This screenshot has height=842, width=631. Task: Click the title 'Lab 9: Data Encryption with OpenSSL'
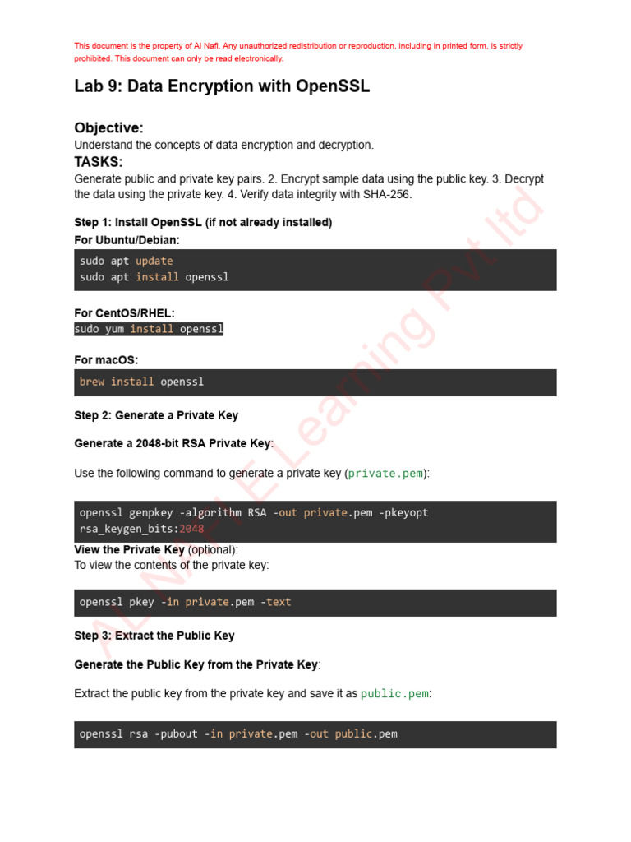tap(222, 86)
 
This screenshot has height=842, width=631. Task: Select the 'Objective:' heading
tap(108, 127)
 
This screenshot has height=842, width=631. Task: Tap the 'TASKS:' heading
tap(99, 162)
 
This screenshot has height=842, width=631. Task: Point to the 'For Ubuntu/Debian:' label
tap(127, 240)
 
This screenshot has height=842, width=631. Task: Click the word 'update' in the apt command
tap(154, 261)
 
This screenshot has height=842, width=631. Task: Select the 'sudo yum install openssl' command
tap(149, 329)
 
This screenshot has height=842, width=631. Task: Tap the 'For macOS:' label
tap(106, 360)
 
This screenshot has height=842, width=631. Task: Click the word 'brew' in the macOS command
tap(92, 382)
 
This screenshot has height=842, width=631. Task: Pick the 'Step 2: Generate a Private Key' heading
tap(156, 415)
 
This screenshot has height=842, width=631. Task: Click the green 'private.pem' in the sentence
tap(385, 474)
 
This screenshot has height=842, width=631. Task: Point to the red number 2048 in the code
tap(191, 529)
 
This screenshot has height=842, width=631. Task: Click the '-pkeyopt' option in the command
tap(403, 512)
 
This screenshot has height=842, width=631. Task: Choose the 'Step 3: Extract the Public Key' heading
tap(154, 636)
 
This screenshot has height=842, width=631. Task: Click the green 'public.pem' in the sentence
tap(394, 694)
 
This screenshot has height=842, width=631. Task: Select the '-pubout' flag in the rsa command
tap(176, 733)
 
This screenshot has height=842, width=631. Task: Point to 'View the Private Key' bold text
tap(129, 549)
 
